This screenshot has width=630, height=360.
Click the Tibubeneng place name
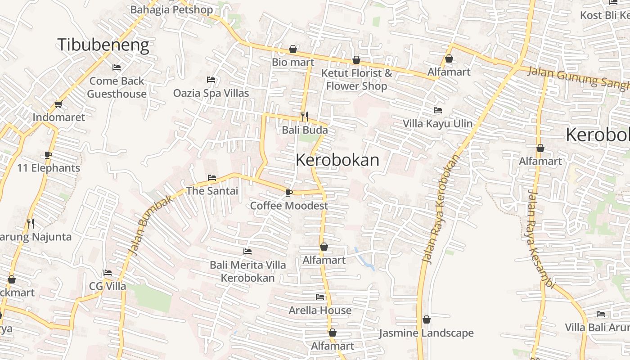103,45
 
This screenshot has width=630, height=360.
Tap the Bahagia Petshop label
171,9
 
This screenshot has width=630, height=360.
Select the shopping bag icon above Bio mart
293,49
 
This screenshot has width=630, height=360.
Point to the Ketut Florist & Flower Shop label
356,80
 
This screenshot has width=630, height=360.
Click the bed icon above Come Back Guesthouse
117,67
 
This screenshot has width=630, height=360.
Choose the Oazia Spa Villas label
211,93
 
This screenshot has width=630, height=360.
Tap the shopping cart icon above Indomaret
58,104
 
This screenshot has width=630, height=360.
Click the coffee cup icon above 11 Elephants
48,155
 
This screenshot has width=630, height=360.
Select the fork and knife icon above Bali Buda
305,117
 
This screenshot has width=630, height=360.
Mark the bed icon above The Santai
212,178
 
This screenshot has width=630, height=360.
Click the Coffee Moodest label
289,206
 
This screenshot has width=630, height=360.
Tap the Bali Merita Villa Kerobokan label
247,271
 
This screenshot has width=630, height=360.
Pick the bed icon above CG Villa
108,273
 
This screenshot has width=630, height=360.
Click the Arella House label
320,310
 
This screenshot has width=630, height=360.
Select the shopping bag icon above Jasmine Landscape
426,320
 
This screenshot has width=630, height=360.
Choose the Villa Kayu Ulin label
437,124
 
